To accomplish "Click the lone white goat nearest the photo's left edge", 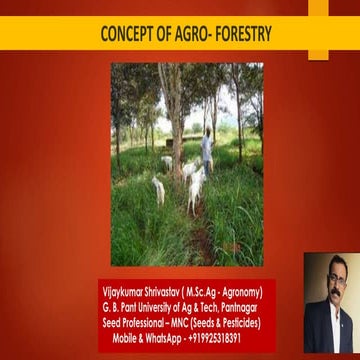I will (158, 190).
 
